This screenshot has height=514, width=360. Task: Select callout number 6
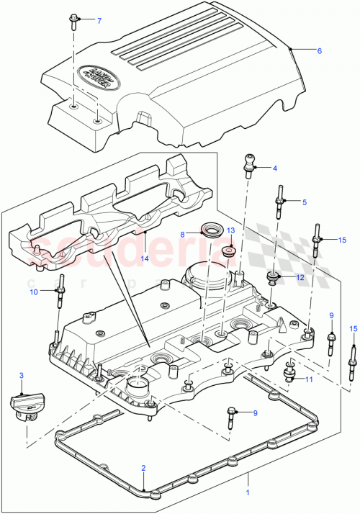pos(319,50)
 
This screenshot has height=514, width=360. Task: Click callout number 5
pos(304,202)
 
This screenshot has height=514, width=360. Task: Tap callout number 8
pos(183,234)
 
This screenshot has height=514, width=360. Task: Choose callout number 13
pos(231,230)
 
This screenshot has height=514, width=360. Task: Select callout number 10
pos(33,292)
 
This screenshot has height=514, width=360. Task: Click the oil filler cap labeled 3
pos(24,407)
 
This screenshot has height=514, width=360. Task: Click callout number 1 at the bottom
pos(249,493)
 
